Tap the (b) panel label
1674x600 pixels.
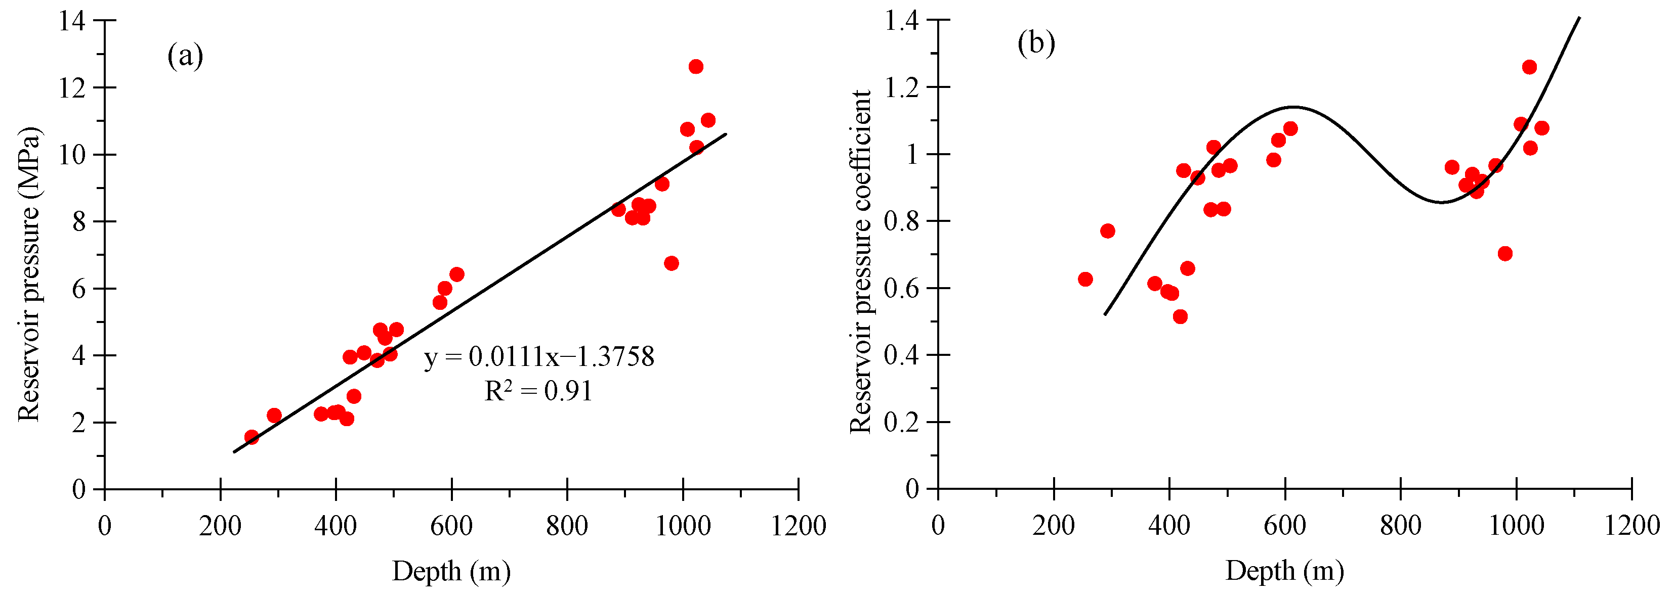(1036, 44)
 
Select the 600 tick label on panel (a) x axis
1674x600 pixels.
(451, 525)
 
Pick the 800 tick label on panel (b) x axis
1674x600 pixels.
(1400, 525)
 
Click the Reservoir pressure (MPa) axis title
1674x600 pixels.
(29, 274)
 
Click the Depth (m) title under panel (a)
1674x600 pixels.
(451, 571)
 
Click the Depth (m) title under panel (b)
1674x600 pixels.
(1285, 571)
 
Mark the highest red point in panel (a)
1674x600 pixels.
(696, 67)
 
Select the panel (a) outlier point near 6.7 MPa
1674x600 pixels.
(672, 263)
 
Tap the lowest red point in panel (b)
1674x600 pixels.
(1180, 317)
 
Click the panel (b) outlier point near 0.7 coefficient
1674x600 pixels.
(1505, 253)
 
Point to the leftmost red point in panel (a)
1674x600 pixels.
(252, 437)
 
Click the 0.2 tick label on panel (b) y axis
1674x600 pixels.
(901, 422)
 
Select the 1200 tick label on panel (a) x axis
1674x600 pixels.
(798, 525)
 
